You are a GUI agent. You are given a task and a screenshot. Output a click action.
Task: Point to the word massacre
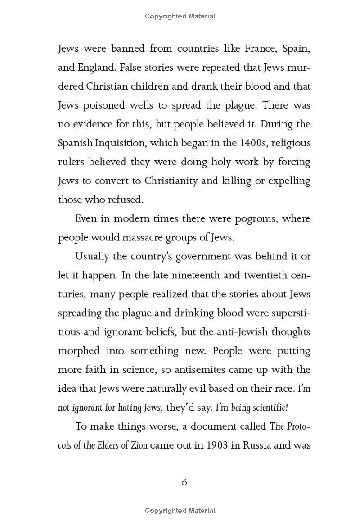148,237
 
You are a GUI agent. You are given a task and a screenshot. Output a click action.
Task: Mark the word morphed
76,351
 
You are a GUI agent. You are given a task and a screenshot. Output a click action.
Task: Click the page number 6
184,482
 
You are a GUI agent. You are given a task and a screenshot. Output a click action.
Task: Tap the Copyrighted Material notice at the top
180,16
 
